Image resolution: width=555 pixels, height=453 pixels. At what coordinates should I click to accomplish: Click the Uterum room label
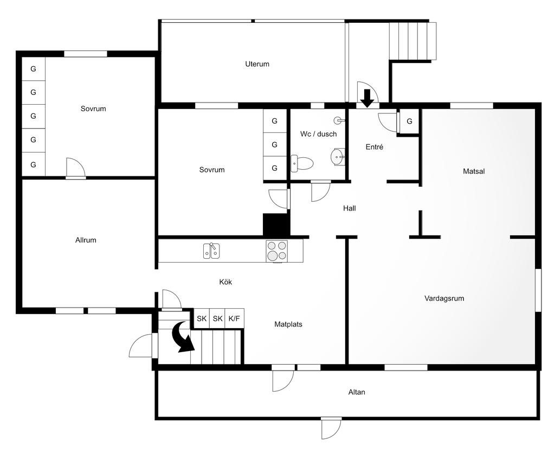coord(257,64)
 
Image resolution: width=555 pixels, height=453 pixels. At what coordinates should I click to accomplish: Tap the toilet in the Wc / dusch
coord(302,163)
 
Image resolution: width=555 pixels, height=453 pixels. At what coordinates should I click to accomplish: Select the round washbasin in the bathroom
coord(337,156)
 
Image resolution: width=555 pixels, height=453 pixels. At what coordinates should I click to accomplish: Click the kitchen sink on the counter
coord(211,251)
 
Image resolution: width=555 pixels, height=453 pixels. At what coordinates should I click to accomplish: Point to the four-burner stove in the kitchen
coord(277,251)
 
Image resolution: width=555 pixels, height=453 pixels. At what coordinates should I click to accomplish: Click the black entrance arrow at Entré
coord(368,98)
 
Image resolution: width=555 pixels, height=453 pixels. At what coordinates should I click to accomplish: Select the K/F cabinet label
coord(234,318)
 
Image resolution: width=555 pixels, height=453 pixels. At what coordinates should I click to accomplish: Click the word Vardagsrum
coord(444,298)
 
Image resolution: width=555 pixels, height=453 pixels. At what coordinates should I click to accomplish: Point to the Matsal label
coord(474,171)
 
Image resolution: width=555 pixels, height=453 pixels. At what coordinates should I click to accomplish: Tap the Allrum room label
coord(86,240)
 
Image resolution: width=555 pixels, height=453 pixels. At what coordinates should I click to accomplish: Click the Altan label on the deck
coord(357,392)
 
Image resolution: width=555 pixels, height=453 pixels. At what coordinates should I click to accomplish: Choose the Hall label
coord(350,208)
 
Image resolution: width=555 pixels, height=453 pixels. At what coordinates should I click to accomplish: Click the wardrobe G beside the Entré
coord(410,121)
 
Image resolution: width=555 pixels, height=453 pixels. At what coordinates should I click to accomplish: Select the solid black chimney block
coord(276,225)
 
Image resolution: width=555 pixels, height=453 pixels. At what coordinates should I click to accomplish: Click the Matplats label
coord(288,324)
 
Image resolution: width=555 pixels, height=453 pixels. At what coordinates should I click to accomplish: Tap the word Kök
coord(225,282)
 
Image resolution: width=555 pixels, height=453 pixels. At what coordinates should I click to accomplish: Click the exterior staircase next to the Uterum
coord(412,41)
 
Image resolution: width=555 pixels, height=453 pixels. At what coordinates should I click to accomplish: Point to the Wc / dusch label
coord(318,134)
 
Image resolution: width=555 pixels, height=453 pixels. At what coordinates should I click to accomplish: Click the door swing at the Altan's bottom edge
coord(331,428)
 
